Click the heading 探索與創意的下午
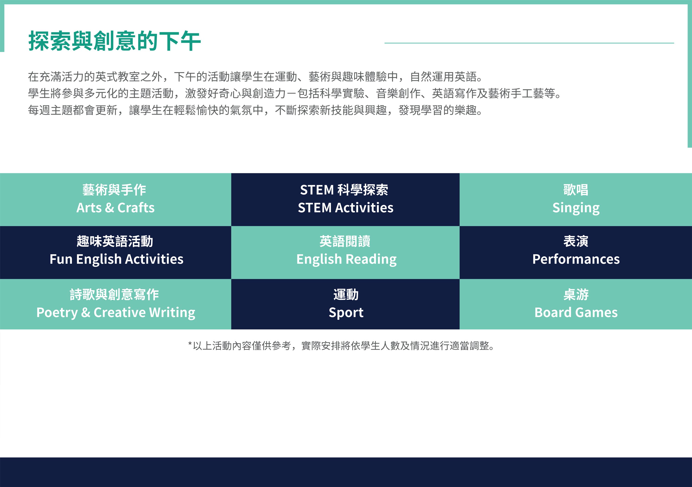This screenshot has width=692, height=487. point(115,41)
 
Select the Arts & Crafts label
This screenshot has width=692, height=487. point(115,208)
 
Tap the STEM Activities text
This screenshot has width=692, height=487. point(346,208)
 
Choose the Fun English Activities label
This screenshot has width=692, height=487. point(116,259)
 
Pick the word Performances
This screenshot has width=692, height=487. point(576,259)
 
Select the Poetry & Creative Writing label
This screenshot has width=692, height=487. point(116,313)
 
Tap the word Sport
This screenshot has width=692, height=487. point(346,313)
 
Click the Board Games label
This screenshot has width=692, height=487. point(576,313)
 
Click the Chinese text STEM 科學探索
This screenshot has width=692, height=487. point(344,190)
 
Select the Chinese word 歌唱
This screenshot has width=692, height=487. point(576,190)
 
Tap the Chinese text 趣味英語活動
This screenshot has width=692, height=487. point(115,241)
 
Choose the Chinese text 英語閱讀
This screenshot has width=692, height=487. point(345,241)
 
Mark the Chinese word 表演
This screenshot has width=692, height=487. point(576,241)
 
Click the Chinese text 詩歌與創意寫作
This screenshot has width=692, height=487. point(114,294)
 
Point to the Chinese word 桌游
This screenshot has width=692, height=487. point(576,294)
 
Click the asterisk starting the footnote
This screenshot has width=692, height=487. point(190,344)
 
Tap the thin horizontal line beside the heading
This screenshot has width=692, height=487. point(529,43)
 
